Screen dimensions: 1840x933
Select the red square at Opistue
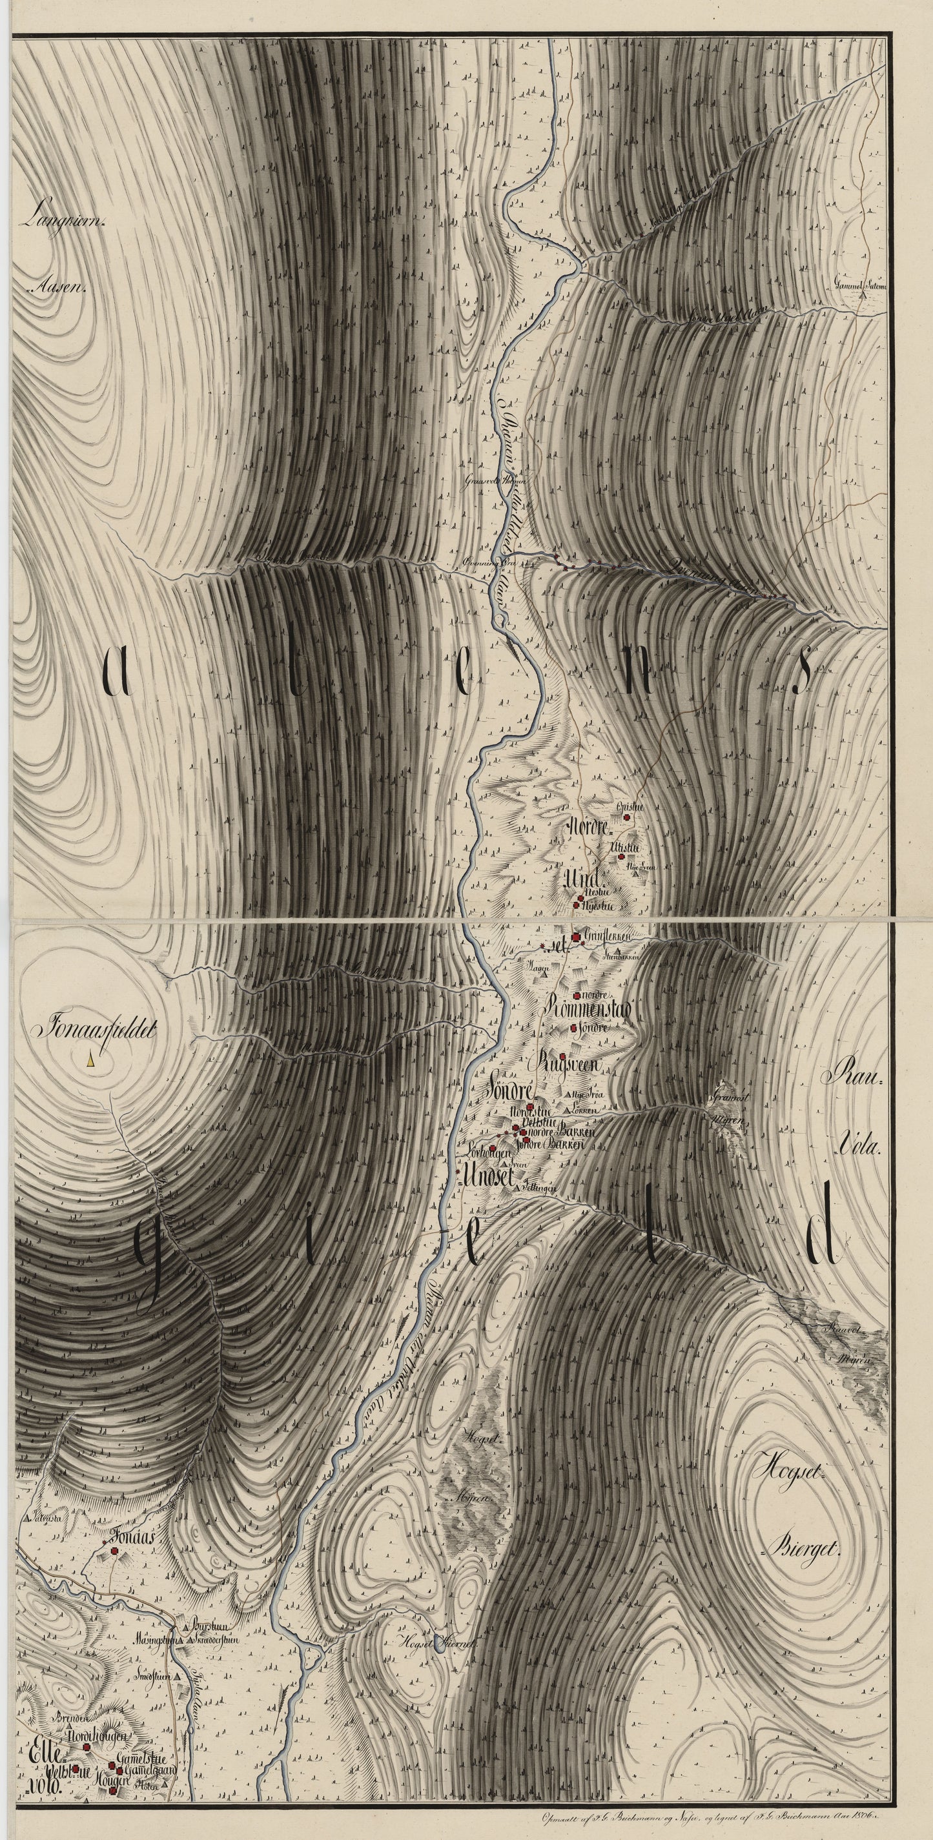click(x=626, y=817)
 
